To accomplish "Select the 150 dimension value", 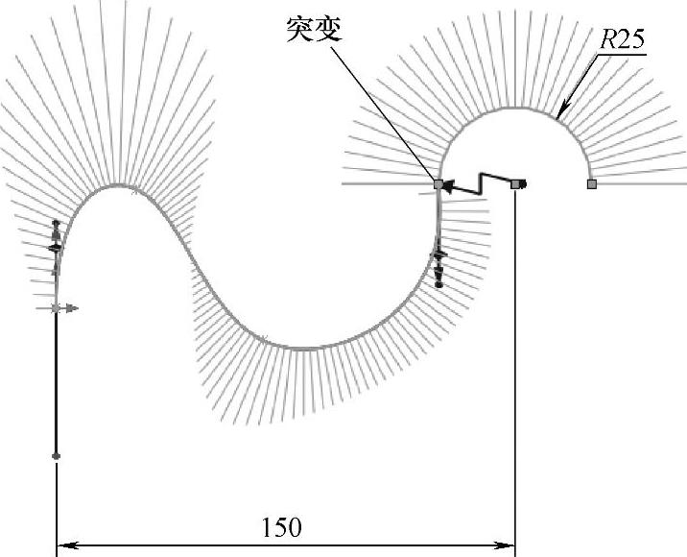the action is (281, 527).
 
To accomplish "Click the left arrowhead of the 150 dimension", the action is (64, 546).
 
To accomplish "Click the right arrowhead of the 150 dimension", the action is (509, 546).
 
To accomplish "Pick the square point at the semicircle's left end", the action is (438, 182).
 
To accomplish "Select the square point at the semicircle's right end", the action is (591, 182).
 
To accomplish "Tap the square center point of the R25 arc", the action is (516, 182).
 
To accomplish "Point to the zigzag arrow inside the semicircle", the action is (480, 183).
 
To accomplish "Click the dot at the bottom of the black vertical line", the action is (57, 455).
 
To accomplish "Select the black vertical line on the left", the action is (57, 384).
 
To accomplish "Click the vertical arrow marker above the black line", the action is (56, 236).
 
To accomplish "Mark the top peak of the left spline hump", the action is (115, 185).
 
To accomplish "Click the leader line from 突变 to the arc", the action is (384, 110).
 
